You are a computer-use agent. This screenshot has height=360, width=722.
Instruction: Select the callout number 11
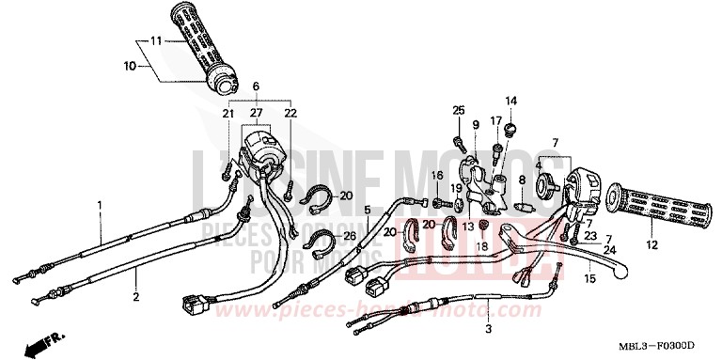[157, 40]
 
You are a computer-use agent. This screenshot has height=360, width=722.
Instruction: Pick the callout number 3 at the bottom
[488, 331]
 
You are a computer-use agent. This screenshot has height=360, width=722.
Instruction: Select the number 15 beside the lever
[589, 278]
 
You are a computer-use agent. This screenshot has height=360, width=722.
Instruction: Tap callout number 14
[512, 101]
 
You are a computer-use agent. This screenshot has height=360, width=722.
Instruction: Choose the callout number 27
[254, 113]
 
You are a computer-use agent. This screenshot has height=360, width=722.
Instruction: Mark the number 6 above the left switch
[255, 86]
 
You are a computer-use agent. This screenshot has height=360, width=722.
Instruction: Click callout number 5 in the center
[368, 211]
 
